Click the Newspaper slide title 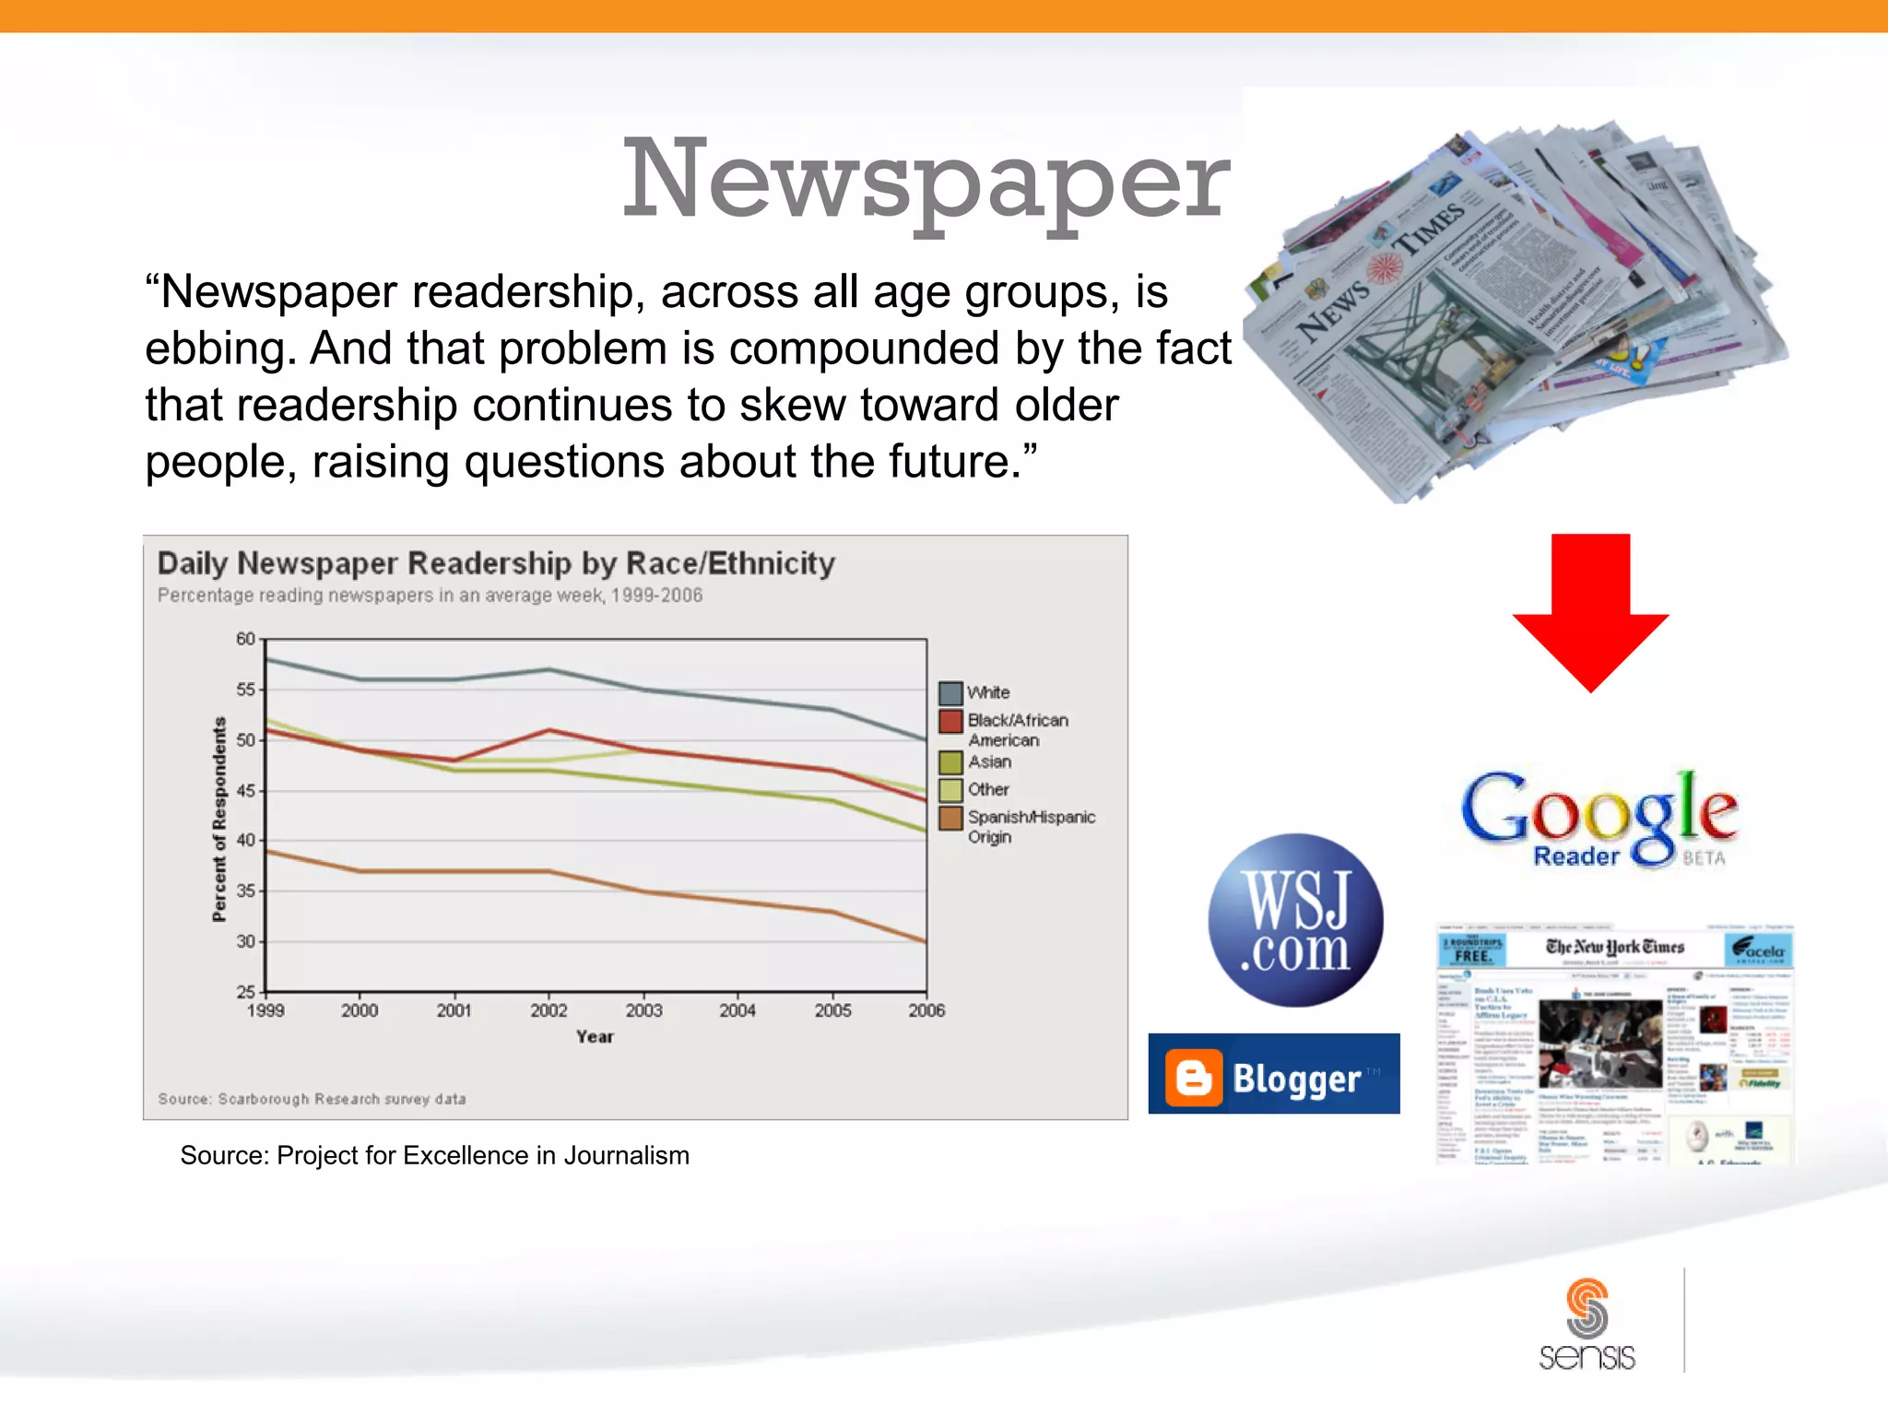tap(926, 179)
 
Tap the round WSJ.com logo tap(1295, 920)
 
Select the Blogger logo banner tap(1273, 1074)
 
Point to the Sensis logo tap(1587, 1325)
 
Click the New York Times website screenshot tap(1614, 1044)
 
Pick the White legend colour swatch tap(950, 693)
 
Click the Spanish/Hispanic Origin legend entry tap(1031, 826)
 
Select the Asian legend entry tap(988, 762)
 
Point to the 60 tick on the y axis tap(245, 639)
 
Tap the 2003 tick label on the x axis tap(643, 1010)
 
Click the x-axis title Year tap(595, 1037)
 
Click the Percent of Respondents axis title tap(219, 819)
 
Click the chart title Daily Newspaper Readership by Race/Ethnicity tap(496, 563)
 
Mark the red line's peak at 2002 tap(549, 730)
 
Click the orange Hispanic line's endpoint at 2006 tap(925, 941)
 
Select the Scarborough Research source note tap(312, 1099)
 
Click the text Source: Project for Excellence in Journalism tap(434, 1155)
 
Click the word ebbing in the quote tap(219, 349)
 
